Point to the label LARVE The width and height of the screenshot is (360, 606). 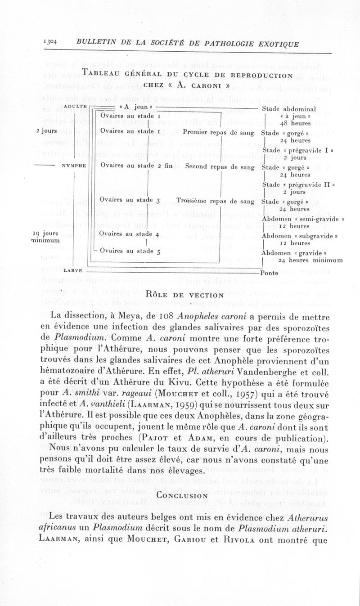73,270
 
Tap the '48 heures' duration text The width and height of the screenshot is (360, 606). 295,123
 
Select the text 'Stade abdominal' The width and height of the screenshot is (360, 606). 288,108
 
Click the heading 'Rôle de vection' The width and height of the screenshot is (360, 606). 185,295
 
